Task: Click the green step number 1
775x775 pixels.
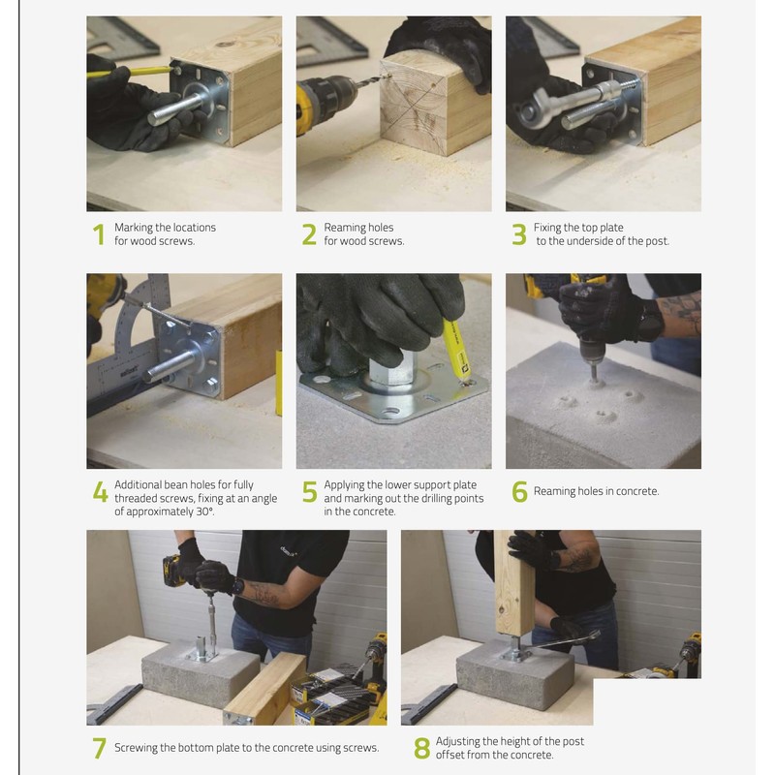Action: (99, 234)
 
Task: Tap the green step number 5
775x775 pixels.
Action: (309, 491)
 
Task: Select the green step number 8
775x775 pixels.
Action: (421, 748)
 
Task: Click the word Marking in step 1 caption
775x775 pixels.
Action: (133, 228)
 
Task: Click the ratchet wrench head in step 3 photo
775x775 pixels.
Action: (532, 112)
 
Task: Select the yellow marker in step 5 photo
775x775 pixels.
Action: (456, 349)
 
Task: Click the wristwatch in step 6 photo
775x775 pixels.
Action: (650, 321)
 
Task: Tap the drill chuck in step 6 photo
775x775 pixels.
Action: (591, 352)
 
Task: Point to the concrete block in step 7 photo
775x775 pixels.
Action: (201, 671)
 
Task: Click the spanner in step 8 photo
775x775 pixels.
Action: (564, 641)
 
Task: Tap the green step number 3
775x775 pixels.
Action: (519, 234)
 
